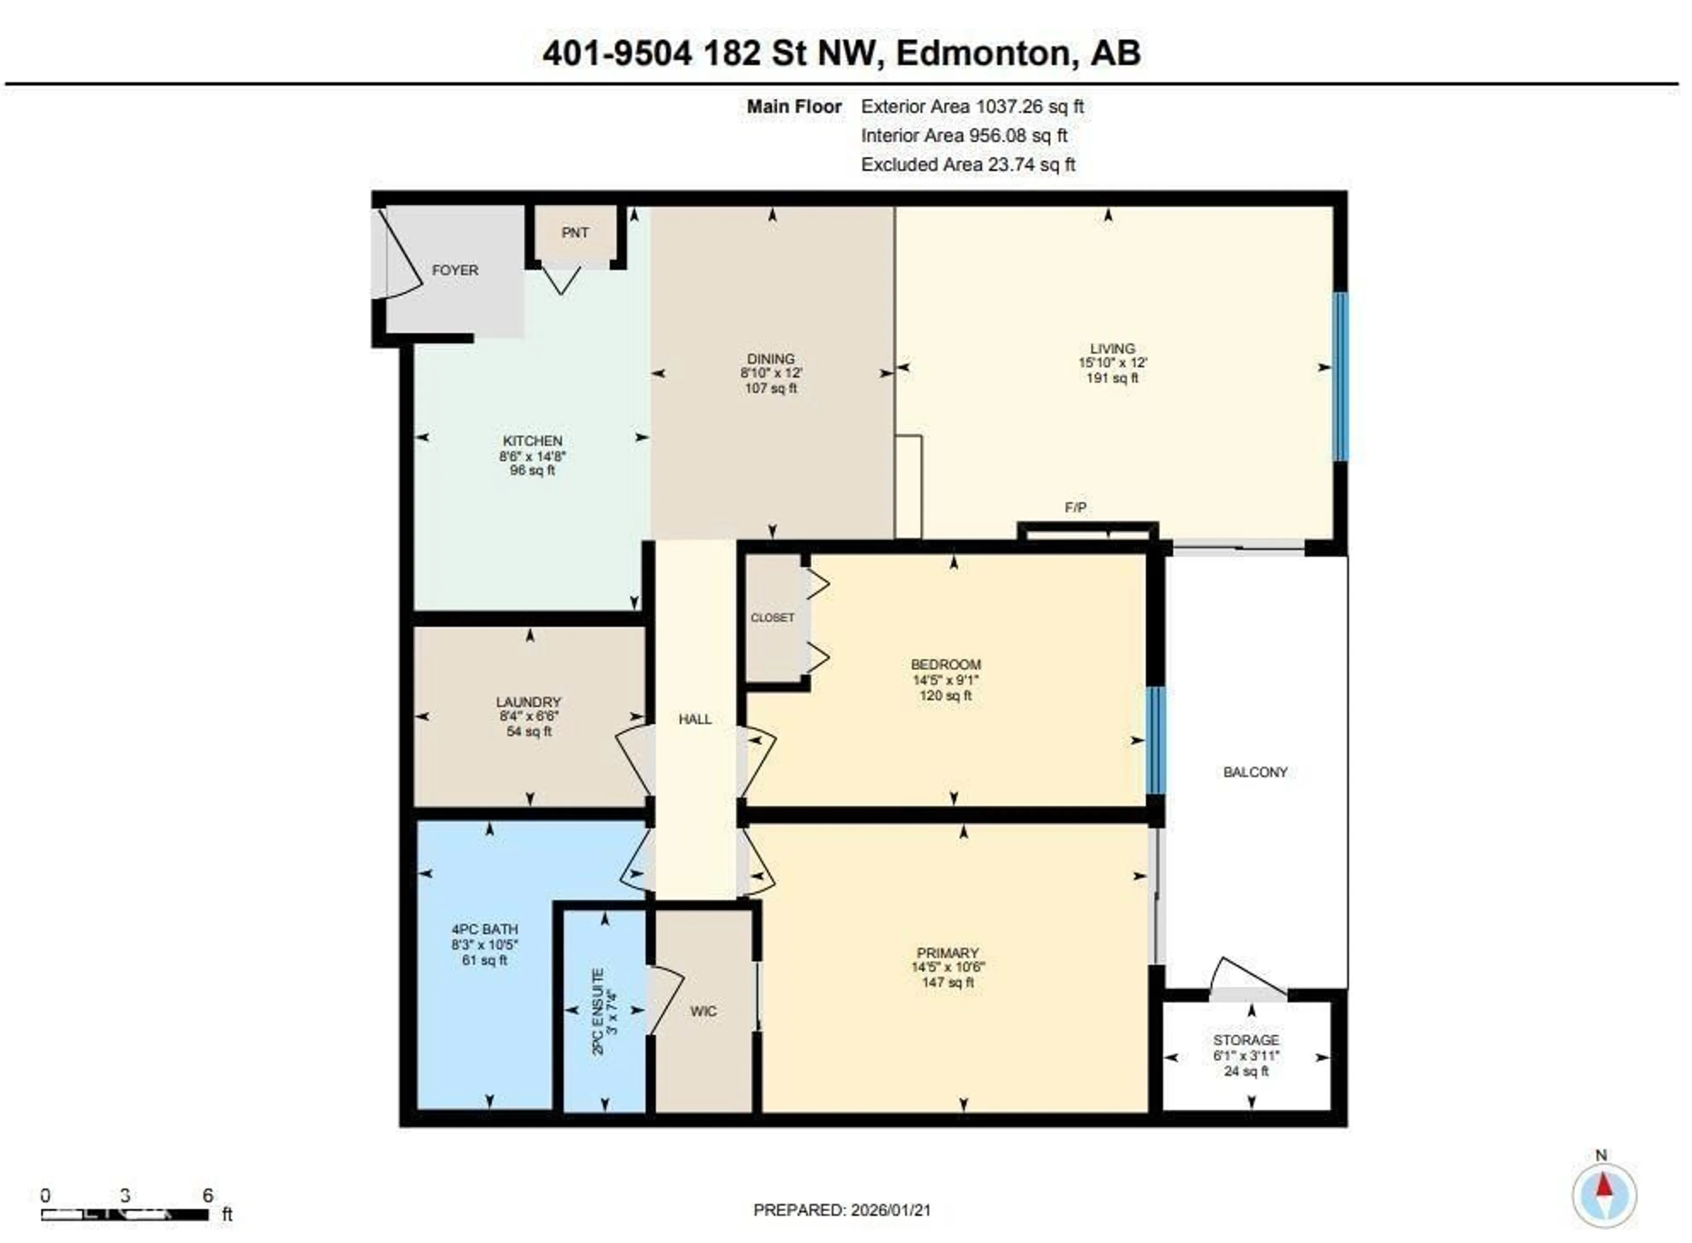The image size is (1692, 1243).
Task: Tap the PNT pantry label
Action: coord(575,233)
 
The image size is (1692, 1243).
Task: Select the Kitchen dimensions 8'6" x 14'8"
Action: coord(532,456)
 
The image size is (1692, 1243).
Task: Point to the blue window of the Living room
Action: coord(1340,376)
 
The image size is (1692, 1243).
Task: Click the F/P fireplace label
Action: coord(1075,508)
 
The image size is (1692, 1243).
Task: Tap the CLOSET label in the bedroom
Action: coord(772,618)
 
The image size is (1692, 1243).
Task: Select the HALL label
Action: coord(694,719)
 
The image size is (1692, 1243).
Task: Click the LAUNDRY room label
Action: coord(528,702)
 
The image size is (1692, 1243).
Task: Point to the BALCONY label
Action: coord(1255,772)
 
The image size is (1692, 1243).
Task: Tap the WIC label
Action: coord(703,1011)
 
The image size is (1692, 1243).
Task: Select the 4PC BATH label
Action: coord(485,929)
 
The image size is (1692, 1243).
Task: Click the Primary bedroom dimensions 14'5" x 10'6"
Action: coord(947,968)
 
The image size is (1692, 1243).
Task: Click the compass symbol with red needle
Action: coord(1603,1195)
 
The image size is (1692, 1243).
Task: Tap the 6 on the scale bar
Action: coord(208,1195)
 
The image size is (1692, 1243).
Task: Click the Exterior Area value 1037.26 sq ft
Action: coord(1029,107)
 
